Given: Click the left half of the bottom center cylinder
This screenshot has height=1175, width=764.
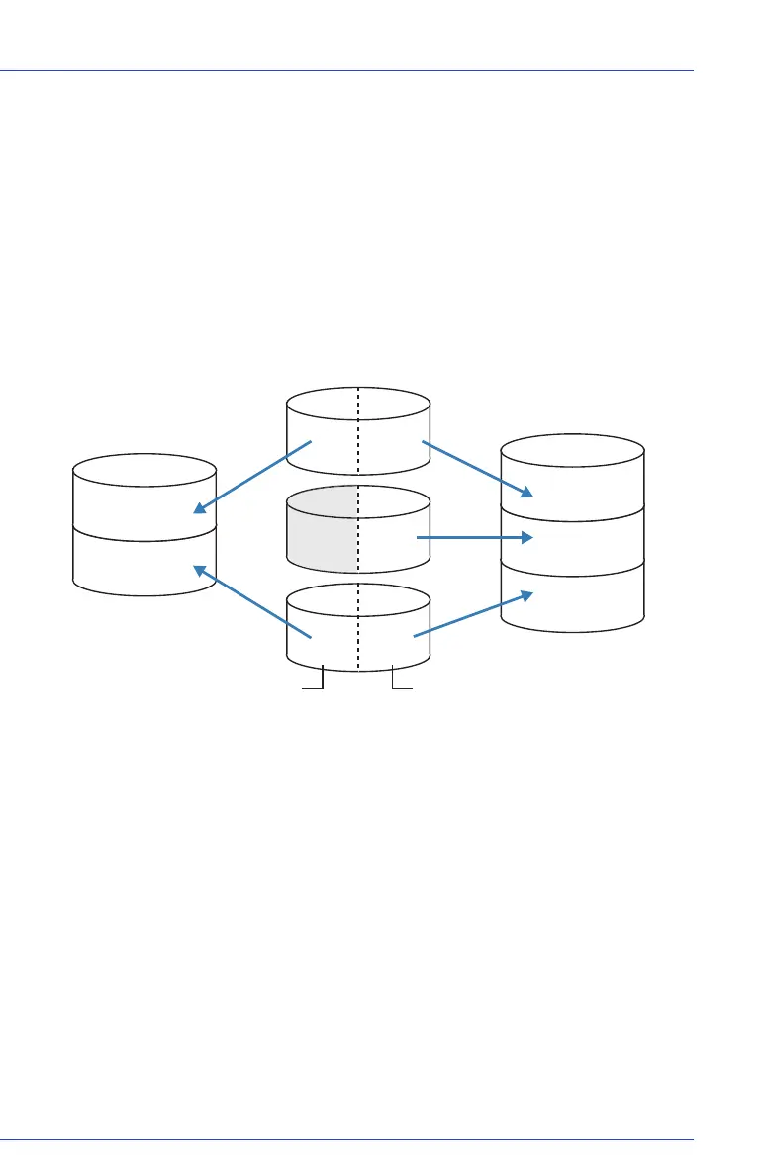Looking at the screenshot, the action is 322,633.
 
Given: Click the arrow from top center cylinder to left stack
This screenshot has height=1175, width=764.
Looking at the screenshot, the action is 252,478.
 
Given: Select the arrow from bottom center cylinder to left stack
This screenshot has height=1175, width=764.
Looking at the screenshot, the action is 252,601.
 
